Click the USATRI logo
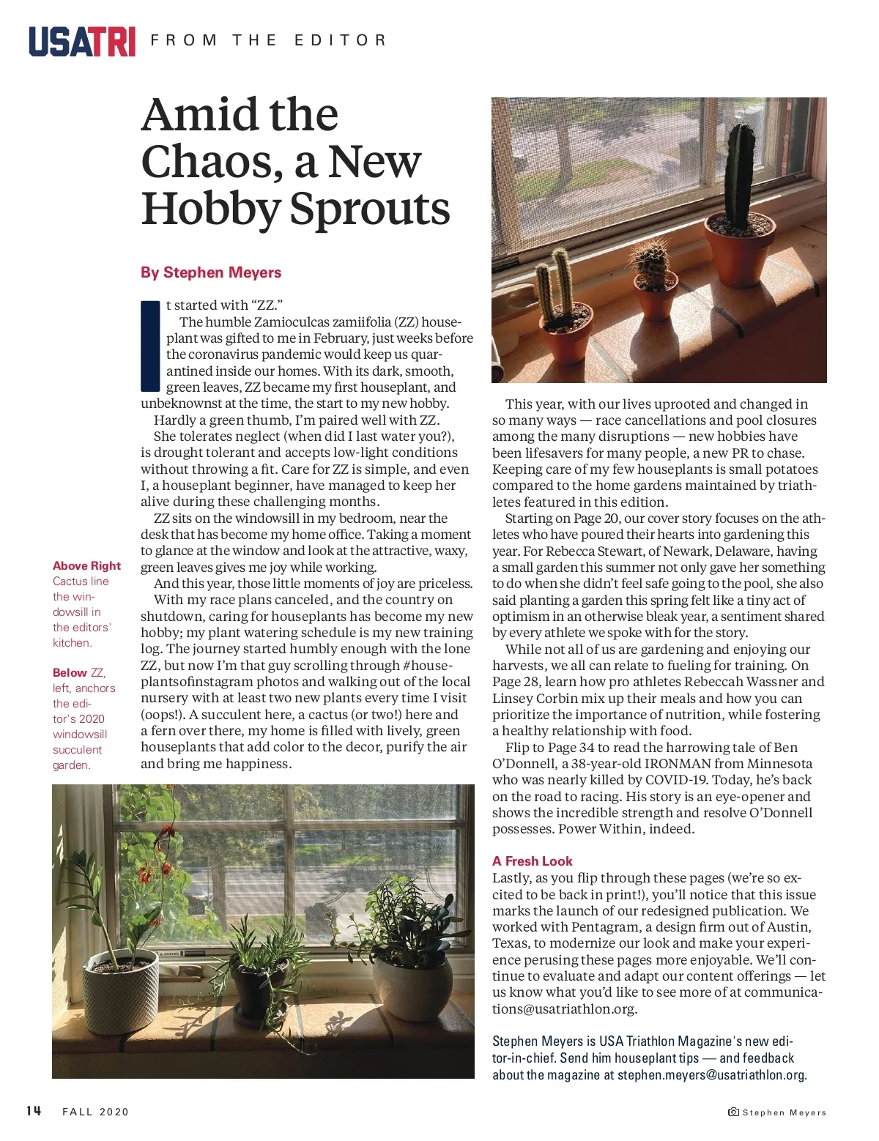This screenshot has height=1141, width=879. click(x=82, y=41)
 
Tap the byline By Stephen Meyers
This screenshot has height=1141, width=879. click(x=211, y=272)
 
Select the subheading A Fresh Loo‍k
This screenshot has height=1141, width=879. click(x=532, y=861)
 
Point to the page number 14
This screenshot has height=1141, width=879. click(x=34, y=1111)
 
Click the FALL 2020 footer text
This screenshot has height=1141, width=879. click(x=96, y=1112)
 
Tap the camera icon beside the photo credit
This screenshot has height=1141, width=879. click(x=733, y=1112)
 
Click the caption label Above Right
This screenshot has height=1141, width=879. click(x=86, y=565)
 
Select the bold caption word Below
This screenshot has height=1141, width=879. click(x=70, y=672)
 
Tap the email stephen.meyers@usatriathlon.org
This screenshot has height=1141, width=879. click(x=711, y=1075)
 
